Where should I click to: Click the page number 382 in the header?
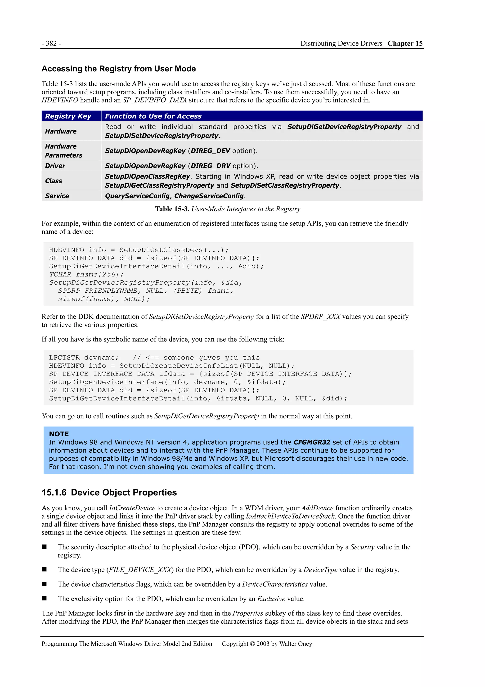[x=51, y=44]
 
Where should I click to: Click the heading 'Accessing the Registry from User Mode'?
[x=119, y=69]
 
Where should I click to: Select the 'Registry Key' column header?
[x=68, y=116]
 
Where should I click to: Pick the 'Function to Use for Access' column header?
[x=153, y=116]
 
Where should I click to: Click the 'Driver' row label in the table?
[x=55, y=166]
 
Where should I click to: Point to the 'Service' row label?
[x=57, y=196]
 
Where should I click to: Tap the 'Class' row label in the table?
[x=54, y=181]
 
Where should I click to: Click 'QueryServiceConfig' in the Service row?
[x=137, y=196]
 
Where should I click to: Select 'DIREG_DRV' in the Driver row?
[x=210, y=166]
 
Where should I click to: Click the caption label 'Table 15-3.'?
[x=172, y=209]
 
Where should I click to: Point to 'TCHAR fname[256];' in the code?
[x=86, y=274]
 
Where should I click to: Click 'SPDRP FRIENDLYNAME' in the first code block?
[x=97, y=291]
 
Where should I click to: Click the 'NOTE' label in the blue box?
[x=59, y=434]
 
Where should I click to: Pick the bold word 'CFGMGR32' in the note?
[x=312, y=442]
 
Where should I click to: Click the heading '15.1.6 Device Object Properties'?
[x=109, y=493]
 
